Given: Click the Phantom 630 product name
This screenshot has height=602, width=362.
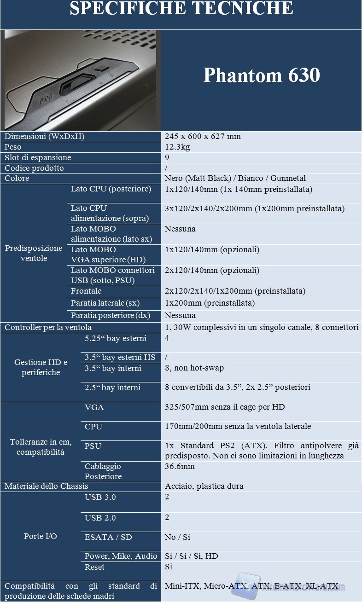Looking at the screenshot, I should click(262, 75).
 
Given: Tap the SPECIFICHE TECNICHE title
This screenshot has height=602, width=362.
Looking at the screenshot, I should click(181, 8).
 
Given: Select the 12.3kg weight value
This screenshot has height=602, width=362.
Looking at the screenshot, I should click(177, 147).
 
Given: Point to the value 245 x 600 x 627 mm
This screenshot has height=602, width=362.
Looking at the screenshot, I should click(203, 136).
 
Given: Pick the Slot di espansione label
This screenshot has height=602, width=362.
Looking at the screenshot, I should click(38, 157).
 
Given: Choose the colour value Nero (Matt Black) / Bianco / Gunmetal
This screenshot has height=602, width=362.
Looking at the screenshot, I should click(235, 178).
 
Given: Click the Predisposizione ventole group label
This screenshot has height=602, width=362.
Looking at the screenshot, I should click(34, 253).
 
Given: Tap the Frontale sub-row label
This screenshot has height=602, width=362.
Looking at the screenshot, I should click(86, 291).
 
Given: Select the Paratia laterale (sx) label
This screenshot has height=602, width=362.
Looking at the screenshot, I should click(105, 303).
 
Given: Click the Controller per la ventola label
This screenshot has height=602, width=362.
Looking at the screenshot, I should click(48, 327).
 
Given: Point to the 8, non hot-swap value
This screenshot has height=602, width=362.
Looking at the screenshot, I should click(194, 368).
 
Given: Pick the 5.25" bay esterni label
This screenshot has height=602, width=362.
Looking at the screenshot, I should click(116, 339).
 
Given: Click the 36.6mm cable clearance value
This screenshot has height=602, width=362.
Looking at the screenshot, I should click(180, 466).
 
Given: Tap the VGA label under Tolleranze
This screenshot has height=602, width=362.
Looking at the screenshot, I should click(94, 407).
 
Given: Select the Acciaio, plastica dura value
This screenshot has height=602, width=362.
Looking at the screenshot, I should click(204, 486).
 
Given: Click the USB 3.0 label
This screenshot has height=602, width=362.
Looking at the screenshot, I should click(100, 497).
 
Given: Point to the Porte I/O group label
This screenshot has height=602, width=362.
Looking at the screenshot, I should click(41, 536).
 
